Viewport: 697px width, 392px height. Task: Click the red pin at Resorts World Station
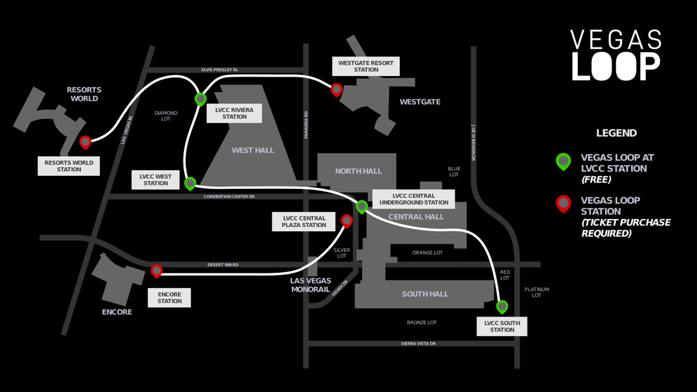85,142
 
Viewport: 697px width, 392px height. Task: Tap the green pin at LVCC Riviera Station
201,99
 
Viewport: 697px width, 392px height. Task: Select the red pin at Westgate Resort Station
336,90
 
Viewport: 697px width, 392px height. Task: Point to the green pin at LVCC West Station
190,184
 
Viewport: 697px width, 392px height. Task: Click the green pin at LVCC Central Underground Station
361,207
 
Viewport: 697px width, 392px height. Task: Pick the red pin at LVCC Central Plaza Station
347,221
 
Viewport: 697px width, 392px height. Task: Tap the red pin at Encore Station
156,271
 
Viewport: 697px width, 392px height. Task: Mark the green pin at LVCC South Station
502,307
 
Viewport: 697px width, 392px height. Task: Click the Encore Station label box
169,298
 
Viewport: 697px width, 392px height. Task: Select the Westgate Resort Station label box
366,66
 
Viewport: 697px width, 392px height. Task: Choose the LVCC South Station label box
502,326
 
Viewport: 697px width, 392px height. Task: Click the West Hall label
253,150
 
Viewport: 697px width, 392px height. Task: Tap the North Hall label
358,171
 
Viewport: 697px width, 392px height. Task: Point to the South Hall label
425,294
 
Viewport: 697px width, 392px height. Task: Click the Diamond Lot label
166,116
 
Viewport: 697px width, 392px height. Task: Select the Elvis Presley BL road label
220,70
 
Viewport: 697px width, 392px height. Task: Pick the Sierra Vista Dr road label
418,343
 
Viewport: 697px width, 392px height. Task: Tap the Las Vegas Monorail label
311,285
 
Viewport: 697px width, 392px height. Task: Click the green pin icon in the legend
563,162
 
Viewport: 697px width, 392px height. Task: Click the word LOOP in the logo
616,67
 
